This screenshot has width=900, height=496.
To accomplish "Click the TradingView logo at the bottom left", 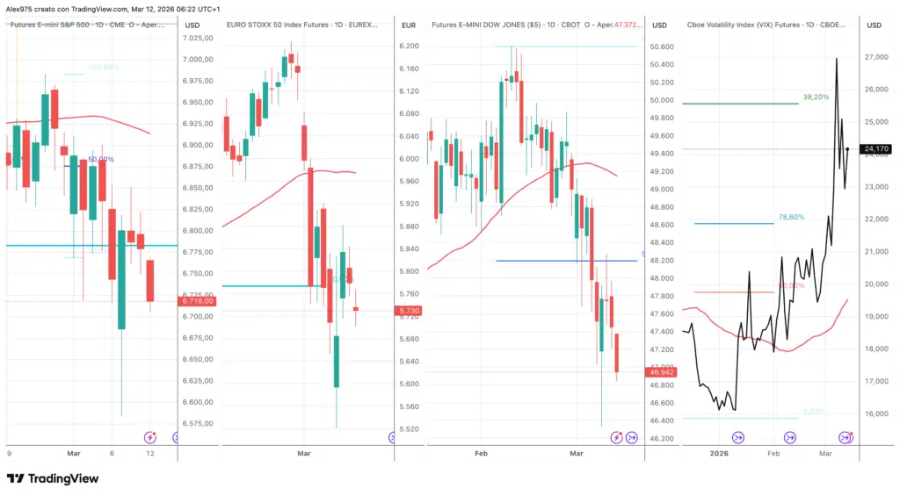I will coord(53,478).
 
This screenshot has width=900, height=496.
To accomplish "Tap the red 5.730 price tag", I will coord(410,311).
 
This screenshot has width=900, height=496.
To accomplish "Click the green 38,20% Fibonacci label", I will coord(817,97).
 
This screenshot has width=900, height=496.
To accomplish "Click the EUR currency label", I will coord(408,25).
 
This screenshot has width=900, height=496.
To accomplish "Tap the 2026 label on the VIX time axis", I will coord(719,453).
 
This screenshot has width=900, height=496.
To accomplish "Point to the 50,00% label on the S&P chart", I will coord(101,159).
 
